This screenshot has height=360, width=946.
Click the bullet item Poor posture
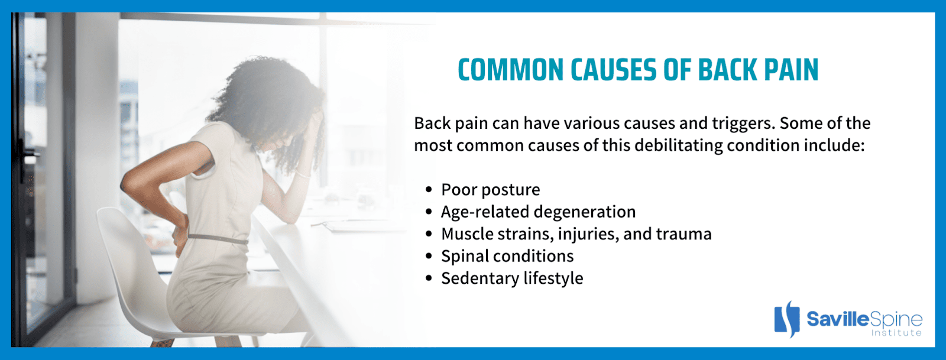pyautogui.click(x=490, y=190)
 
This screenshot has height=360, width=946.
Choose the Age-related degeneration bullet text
pyautogui.click(x=538, y=212)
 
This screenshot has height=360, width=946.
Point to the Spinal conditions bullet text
pyautogui.click(x=507, y=256)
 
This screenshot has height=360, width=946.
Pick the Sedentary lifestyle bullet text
pyautogui.click(x=512, y=278)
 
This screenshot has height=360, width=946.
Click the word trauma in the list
pyautogui.click(x=683, y=234)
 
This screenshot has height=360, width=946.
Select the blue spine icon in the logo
pyautogui.click(x=787, y=319)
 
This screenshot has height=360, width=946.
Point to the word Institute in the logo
pyautogui.click(x=896, y=333)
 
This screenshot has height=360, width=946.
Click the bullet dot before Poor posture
pyautogui.click(x=429, y=189)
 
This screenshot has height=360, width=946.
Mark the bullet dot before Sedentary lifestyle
pyautogui.click(x=429, y=278)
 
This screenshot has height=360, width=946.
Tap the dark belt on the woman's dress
pyautogui.click(x=218, y=239)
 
